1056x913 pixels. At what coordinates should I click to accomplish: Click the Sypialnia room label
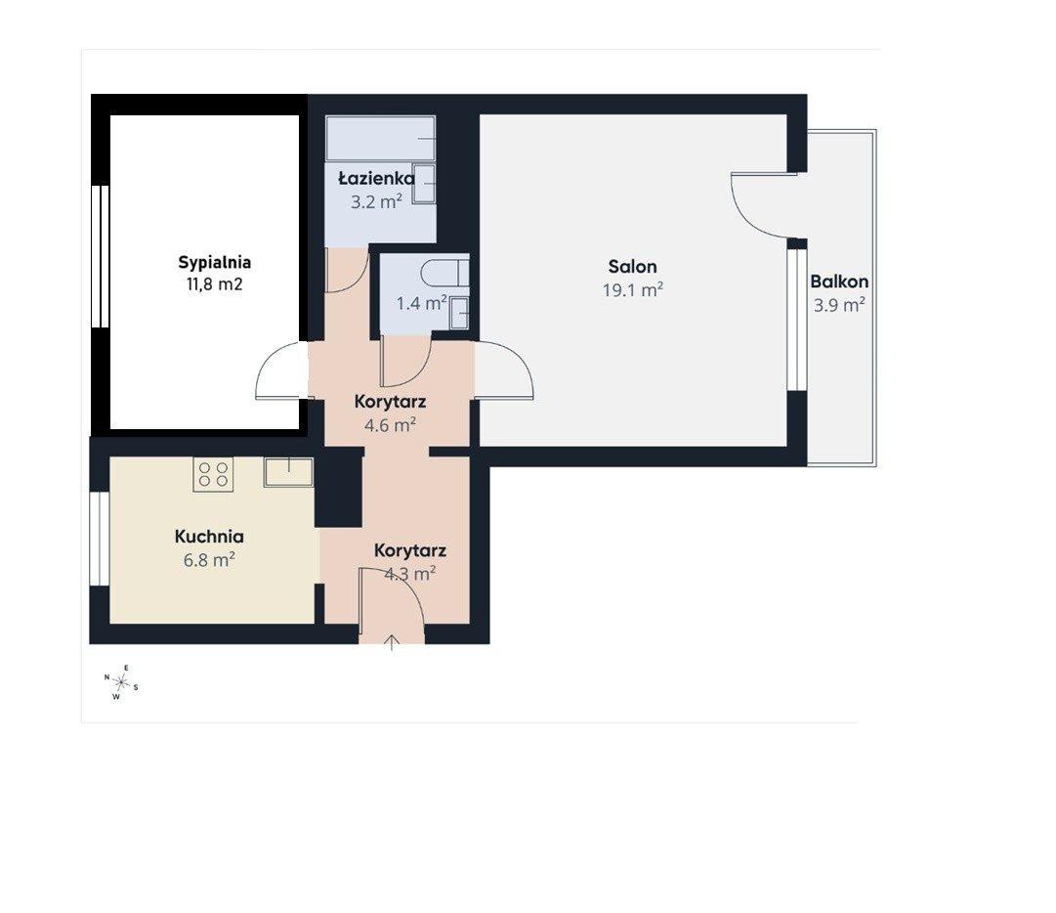[x=214, y=262]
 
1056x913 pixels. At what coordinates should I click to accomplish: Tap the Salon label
[x=632, y=266]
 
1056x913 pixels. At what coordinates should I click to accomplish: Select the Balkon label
[x=839, y=281]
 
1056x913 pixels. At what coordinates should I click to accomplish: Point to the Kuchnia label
[x=209, y=537]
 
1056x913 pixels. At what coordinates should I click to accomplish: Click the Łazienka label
[x=376, y=178]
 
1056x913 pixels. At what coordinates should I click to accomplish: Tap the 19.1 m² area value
[x=632, y=289]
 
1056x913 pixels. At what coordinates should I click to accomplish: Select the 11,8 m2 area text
[x=214, y=284]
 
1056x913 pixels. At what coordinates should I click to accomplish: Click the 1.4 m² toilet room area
[x=421, y=303]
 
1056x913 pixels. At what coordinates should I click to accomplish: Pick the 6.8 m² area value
[x=209, y=559]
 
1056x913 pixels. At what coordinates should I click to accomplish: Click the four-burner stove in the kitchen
[x=214, y=474]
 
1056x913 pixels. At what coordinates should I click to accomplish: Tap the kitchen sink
[x=288, y=472]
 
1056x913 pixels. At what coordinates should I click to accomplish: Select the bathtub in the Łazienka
[x=381, y=138]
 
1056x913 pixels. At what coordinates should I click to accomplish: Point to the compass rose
[x=121, y=682]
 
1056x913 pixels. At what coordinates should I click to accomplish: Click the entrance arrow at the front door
[x=392, y=643]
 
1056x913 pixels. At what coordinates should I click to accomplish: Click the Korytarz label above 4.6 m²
[x=390, y=402]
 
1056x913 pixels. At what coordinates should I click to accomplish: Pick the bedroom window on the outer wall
[x=101, y=256]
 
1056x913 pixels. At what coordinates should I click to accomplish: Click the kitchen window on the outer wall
[x=100, y=539]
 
